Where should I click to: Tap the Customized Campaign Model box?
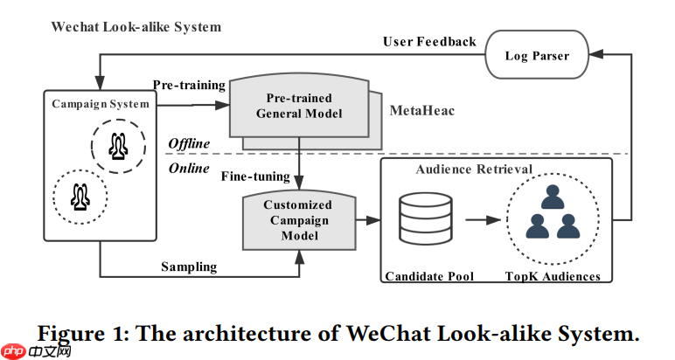coord(298,220)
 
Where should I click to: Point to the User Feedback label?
coord(429,41)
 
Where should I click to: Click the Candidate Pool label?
coord(428,277)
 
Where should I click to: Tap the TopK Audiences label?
coord(553,277)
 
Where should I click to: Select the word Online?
coord(189,168)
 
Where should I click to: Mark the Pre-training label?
coord(189,85)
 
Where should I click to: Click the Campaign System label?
coord(101,104)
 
